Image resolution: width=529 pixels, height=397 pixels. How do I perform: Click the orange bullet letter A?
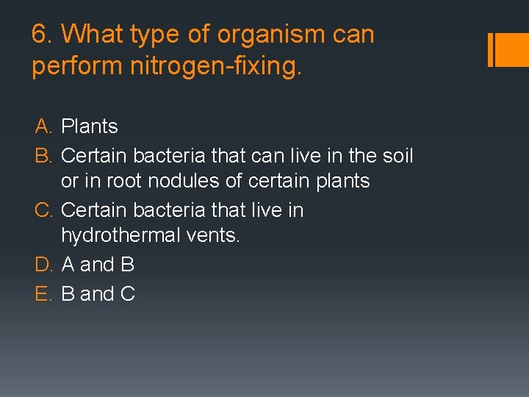(x=43, y=126)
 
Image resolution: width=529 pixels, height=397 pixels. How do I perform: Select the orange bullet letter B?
(x=43, y=156)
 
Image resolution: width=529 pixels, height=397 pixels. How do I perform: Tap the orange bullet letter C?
(x=43, y=210)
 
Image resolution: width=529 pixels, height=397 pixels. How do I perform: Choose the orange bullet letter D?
(x=43, y=264)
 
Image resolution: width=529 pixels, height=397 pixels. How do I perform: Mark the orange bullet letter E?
(x=43, y=294)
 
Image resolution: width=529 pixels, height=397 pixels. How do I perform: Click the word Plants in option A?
(x=90, y=126)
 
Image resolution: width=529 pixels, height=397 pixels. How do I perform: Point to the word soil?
(x=396, y=156)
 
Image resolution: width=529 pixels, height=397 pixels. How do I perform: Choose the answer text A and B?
(x=98, y=264)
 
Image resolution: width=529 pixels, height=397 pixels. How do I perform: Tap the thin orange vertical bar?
(x=490, y=49)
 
